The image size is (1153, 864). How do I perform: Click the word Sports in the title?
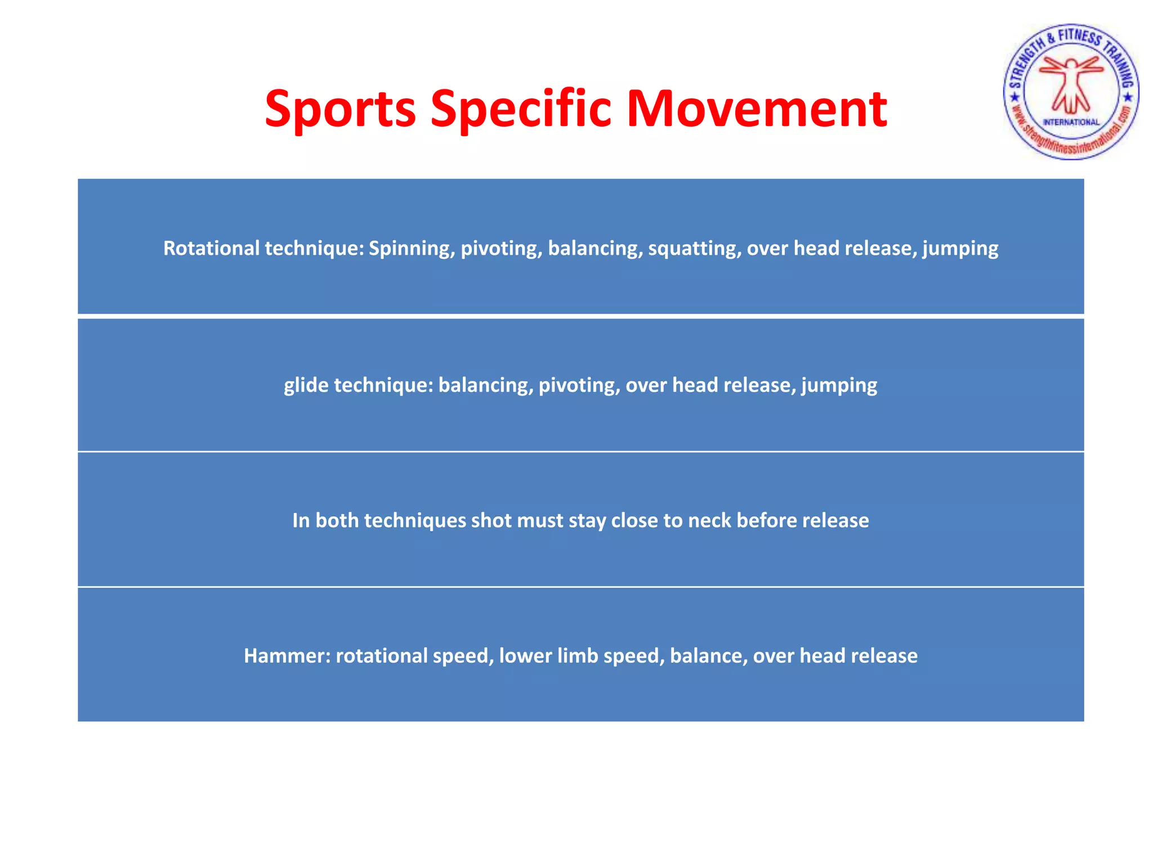pyautogui.click(x=340, y=109)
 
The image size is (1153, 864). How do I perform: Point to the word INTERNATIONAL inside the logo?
pyautogui.click(x=1071, y=122)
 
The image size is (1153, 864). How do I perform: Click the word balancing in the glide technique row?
pyautogui.click(x=485, y=385)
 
